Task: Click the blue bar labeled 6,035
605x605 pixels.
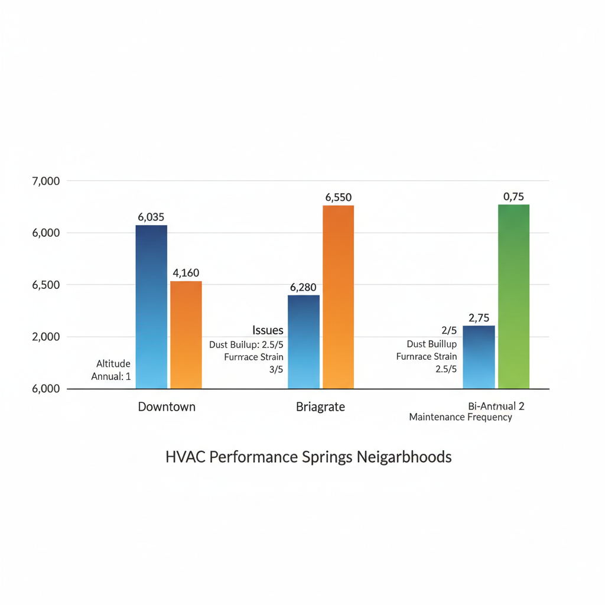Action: (x=151, y=307)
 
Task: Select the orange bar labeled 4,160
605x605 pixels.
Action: (x=186, y=334)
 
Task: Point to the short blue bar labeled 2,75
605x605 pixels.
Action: (x=479, y=357)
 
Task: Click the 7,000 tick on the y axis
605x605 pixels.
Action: (x=45, y=181)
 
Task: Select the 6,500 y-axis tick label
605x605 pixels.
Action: (x=45, y=285)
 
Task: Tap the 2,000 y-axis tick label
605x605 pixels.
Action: (x=45, y=337)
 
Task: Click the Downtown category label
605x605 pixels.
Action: (x=167, y=406)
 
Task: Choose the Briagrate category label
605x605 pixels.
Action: (x=320, y=406)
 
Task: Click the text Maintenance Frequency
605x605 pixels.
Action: (x=460, y=417)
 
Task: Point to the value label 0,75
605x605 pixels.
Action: (x=513, y=197)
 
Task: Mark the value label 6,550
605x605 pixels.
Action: (x=339, y=198)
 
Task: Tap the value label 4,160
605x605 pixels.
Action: (x=186, y=273)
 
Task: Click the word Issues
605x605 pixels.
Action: (x=268, y=330)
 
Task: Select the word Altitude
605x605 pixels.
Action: (x=113, y=364)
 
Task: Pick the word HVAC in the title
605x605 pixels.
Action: (x=183, y=457)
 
